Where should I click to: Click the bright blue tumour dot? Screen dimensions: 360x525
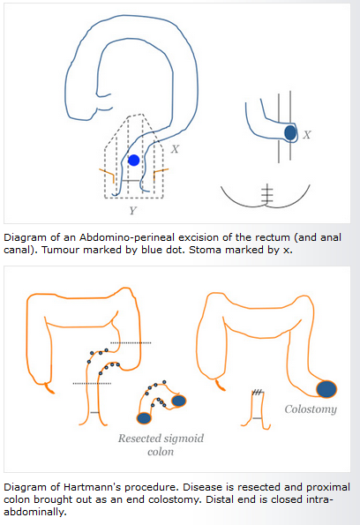133,161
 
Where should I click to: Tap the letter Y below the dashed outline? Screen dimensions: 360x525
133,210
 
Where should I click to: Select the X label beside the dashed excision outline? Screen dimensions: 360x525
175,149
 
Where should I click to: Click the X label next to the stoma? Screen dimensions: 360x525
307,135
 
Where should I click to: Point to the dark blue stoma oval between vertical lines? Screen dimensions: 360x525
290,132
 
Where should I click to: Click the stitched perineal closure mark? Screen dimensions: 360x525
266,193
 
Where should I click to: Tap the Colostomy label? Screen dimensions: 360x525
311,409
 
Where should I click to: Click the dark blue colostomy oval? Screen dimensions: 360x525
326,389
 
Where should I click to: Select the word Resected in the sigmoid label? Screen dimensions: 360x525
138,438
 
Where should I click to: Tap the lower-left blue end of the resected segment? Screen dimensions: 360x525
144,418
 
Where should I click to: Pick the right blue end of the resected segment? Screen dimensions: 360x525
178,401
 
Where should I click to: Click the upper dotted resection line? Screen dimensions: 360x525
131,343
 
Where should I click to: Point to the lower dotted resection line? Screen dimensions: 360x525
92,383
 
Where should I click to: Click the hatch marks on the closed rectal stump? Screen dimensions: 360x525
257,392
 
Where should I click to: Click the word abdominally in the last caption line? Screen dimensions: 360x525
35,512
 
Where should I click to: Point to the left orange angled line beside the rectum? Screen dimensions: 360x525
107,175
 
